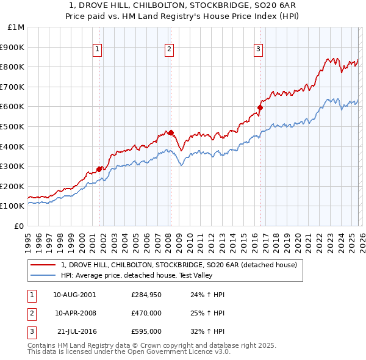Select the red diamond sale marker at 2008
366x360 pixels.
(x=171, y=132)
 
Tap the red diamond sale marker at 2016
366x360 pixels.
(x=260, y=107)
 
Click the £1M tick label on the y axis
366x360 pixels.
(x=16, y=27)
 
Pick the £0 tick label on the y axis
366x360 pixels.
(x=19, y=226)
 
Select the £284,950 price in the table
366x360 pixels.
(x=146, y=295)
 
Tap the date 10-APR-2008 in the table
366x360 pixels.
(x=74, y=313)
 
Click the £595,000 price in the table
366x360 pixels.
(x=146, y=331)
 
